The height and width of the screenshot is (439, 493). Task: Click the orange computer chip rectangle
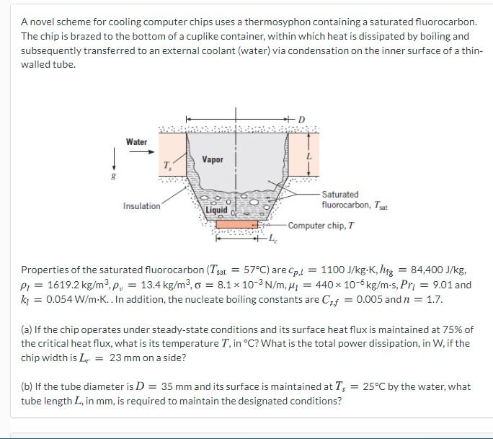click(x=236, y=224)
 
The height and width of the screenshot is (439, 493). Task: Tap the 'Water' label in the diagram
click(x=136, y=142)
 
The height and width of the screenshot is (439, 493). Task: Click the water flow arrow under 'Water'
click(x=142, y=152)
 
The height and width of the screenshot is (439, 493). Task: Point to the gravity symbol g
click(x=114, y=176)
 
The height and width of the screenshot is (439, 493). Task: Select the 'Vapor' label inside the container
click(x=213, y=159)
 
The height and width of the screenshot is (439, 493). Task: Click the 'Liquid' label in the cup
click(x=216, y=210)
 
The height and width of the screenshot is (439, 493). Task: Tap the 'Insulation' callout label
click(x=142, y=206)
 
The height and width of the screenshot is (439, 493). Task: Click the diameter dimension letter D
click(x=301, y=120)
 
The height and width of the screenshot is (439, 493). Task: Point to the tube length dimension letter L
click(x=309, y=156)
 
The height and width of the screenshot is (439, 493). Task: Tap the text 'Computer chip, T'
click(x=321, y=226)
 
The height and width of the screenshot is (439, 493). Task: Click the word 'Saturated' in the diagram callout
click(x=340, y=195)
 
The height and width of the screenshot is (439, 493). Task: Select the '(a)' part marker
click(x=27, y=329)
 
